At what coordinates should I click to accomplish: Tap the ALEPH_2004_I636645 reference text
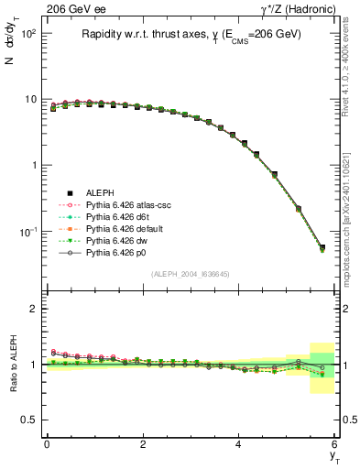coord(190,275)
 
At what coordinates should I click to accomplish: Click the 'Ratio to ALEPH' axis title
coord(13,365)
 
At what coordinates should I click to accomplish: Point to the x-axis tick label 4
coord(238,444)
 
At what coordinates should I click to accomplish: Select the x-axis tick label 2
coord(142,444)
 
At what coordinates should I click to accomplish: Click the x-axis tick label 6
coord(334,444)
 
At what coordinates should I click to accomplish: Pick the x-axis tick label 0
coord(47,444)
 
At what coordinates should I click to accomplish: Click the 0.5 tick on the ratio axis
coord(29,420)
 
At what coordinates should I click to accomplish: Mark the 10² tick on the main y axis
coord(27,33)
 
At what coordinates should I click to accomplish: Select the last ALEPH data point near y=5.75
coord(322,247)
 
